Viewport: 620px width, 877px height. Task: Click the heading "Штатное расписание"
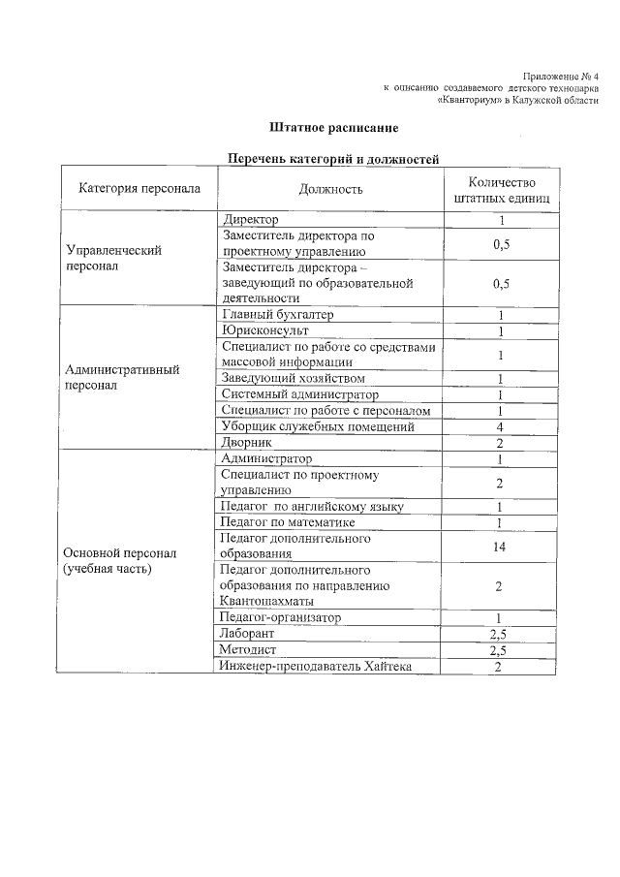(333, 128)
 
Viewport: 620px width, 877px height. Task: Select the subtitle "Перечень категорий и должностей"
(333, 158)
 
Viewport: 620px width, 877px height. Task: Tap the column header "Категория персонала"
(139, 188)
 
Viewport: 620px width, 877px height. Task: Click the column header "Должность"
(330, 189)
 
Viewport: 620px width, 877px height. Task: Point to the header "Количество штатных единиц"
(500, 189)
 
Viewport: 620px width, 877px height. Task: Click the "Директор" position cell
(250, 220)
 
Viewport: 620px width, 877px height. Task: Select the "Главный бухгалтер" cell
(277, 315)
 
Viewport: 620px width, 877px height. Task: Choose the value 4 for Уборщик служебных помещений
(500, 426)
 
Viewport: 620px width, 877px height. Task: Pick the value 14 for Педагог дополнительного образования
(500, 547)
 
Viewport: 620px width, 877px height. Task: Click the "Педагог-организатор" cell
(280, 617)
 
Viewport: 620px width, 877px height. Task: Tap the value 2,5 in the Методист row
(500, 649)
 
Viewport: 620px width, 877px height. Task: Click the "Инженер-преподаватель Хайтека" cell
(315, 666)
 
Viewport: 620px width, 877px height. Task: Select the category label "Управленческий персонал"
(112, 258)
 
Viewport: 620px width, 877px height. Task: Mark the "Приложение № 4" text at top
(560, 76)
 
